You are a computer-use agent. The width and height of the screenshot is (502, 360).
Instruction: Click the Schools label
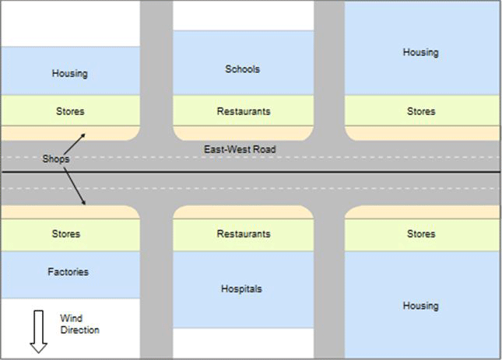click(242, 69)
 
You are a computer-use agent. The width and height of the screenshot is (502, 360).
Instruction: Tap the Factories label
click(68, 272)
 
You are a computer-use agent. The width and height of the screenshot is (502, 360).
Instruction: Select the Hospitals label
click(241, 289)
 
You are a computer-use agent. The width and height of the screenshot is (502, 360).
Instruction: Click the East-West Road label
click(240, 149)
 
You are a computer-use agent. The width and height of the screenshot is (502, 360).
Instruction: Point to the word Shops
click(56, 159)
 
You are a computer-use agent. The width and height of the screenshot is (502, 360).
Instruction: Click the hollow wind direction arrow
click(38, 332)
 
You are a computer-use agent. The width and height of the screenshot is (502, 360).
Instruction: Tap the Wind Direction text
click(79, 324)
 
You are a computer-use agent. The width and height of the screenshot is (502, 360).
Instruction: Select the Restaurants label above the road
click(244, 111)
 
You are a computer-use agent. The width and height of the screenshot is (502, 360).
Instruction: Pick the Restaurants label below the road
click(244, 234)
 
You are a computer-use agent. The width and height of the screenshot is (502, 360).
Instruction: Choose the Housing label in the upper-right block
click(421, 52)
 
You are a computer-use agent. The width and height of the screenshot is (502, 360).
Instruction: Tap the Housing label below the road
click(421, 306)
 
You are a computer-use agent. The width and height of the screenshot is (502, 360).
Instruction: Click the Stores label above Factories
click(66, 234)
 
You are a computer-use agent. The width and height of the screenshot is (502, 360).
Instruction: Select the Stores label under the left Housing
click(70, 111)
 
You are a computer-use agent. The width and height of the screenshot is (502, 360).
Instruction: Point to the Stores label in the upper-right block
click(421, 111)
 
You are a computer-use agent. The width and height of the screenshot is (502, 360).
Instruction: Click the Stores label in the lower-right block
click(421, 234)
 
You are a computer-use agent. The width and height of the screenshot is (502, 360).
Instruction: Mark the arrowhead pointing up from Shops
click(83, 135)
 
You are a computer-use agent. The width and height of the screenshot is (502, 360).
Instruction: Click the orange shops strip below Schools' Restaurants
click(244, 133)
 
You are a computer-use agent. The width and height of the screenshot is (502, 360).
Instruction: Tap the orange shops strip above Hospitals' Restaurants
click(244, 212)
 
